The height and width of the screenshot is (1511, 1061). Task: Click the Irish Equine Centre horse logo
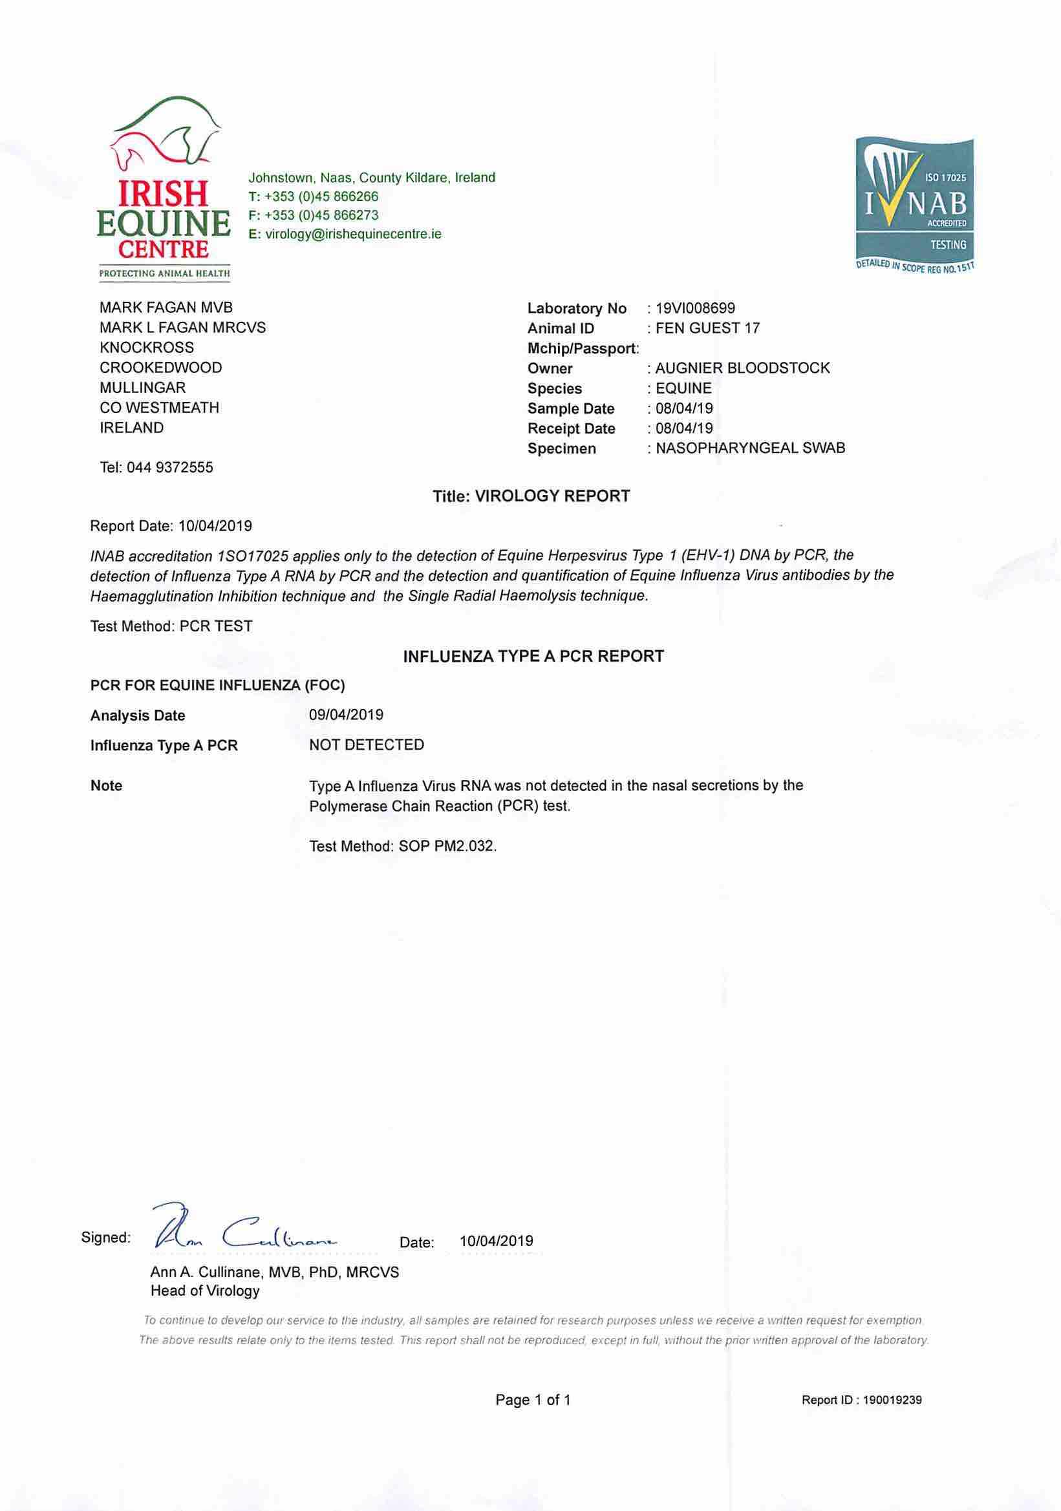(x=164, y=187)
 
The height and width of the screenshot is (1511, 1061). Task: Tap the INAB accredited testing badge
(x=914, y=204)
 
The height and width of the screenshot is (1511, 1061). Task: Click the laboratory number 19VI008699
(x=695, y=308)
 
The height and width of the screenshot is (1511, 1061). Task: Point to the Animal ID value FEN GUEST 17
(x=707, y=328)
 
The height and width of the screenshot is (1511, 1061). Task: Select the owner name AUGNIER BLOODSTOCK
(x=742, y=368)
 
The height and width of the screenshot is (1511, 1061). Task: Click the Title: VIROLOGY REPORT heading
(x=531, y=496)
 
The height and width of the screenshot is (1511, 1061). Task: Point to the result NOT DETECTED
(x=367, y=745)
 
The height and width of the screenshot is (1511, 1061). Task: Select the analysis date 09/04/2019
(x=346, y=715)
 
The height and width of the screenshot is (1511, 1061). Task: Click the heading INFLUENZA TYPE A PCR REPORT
(x=533, y=656)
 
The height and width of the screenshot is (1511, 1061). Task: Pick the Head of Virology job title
(x=205, y=1291)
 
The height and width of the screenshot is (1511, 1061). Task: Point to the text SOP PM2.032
(x=447, y=846)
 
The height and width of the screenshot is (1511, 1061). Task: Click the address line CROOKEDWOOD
(x=160, y=367)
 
